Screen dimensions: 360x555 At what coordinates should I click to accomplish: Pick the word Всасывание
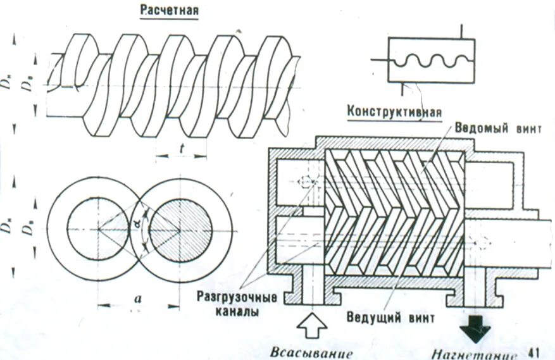[310, 352]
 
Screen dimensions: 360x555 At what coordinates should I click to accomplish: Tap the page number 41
[533, 351]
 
